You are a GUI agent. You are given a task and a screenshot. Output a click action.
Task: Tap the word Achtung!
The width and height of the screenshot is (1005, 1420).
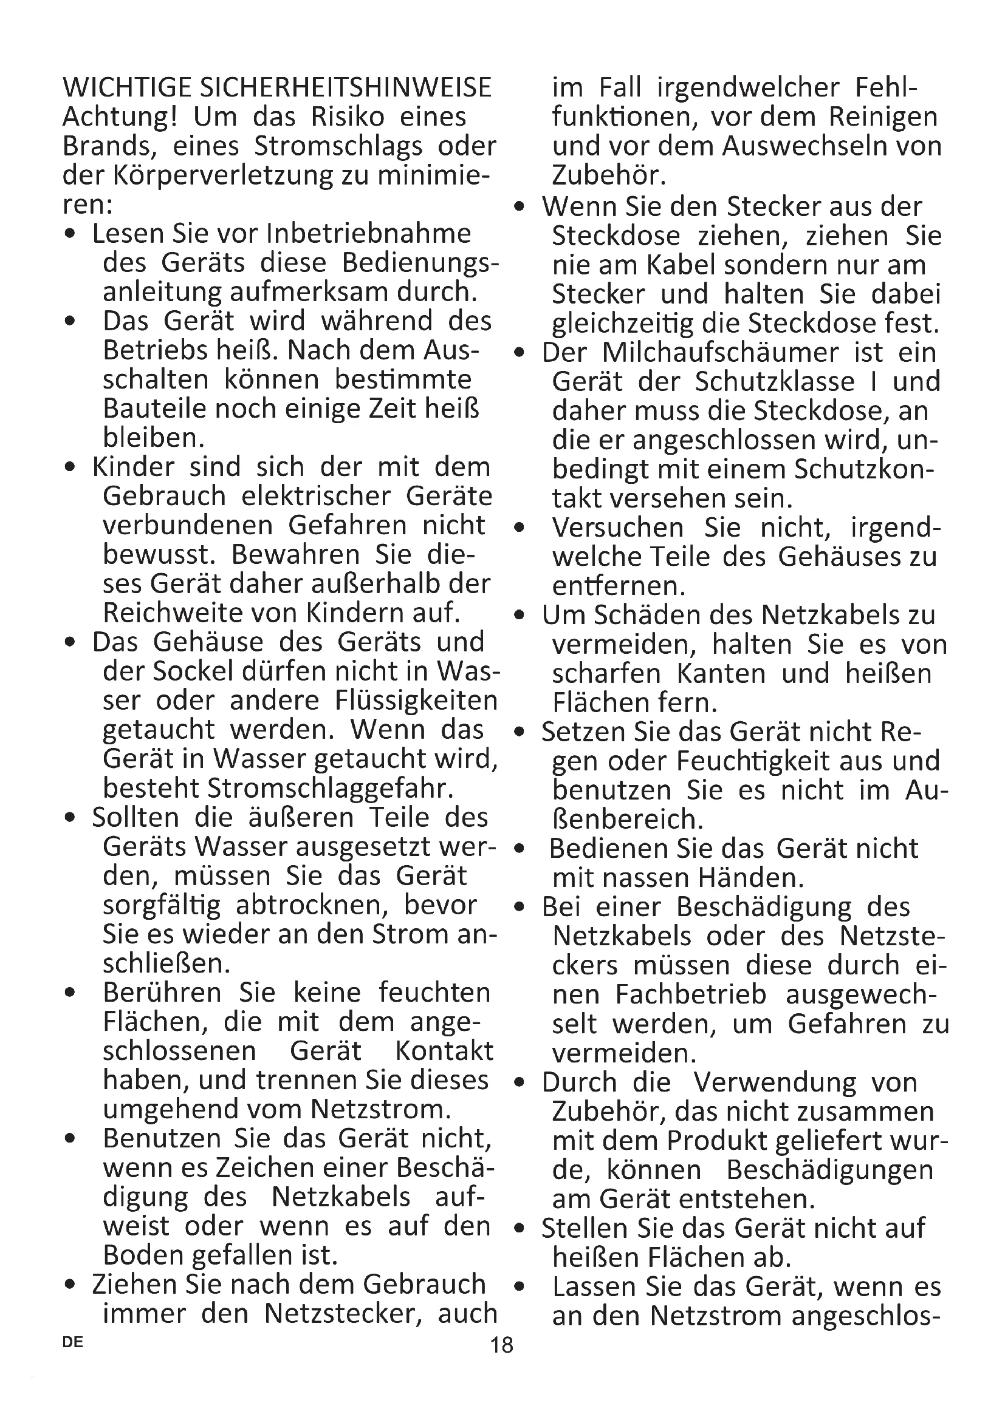(x=121, y=117)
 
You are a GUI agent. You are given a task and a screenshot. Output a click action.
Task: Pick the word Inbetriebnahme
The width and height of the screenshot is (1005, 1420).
(x=369, y=234)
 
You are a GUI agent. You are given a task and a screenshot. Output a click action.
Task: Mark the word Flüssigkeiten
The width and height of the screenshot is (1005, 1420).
(x=416, y=701)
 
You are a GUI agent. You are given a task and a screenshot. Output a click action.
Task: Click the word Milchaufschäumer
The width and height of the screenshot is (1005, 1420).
(x=721, y=353)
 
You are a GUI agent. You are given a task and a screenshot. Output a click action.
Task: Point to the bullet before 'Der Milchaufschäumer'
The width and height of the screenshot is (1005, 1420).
(x=519, y=354)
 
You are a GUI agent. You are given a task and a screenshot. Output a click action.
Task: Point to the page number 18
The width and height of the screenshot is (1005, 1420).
(x=502, y=1345)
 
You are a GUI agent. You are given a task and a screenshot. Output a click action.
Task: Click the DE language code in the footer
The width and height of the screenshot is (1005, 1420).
(x=73, y=1343)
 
